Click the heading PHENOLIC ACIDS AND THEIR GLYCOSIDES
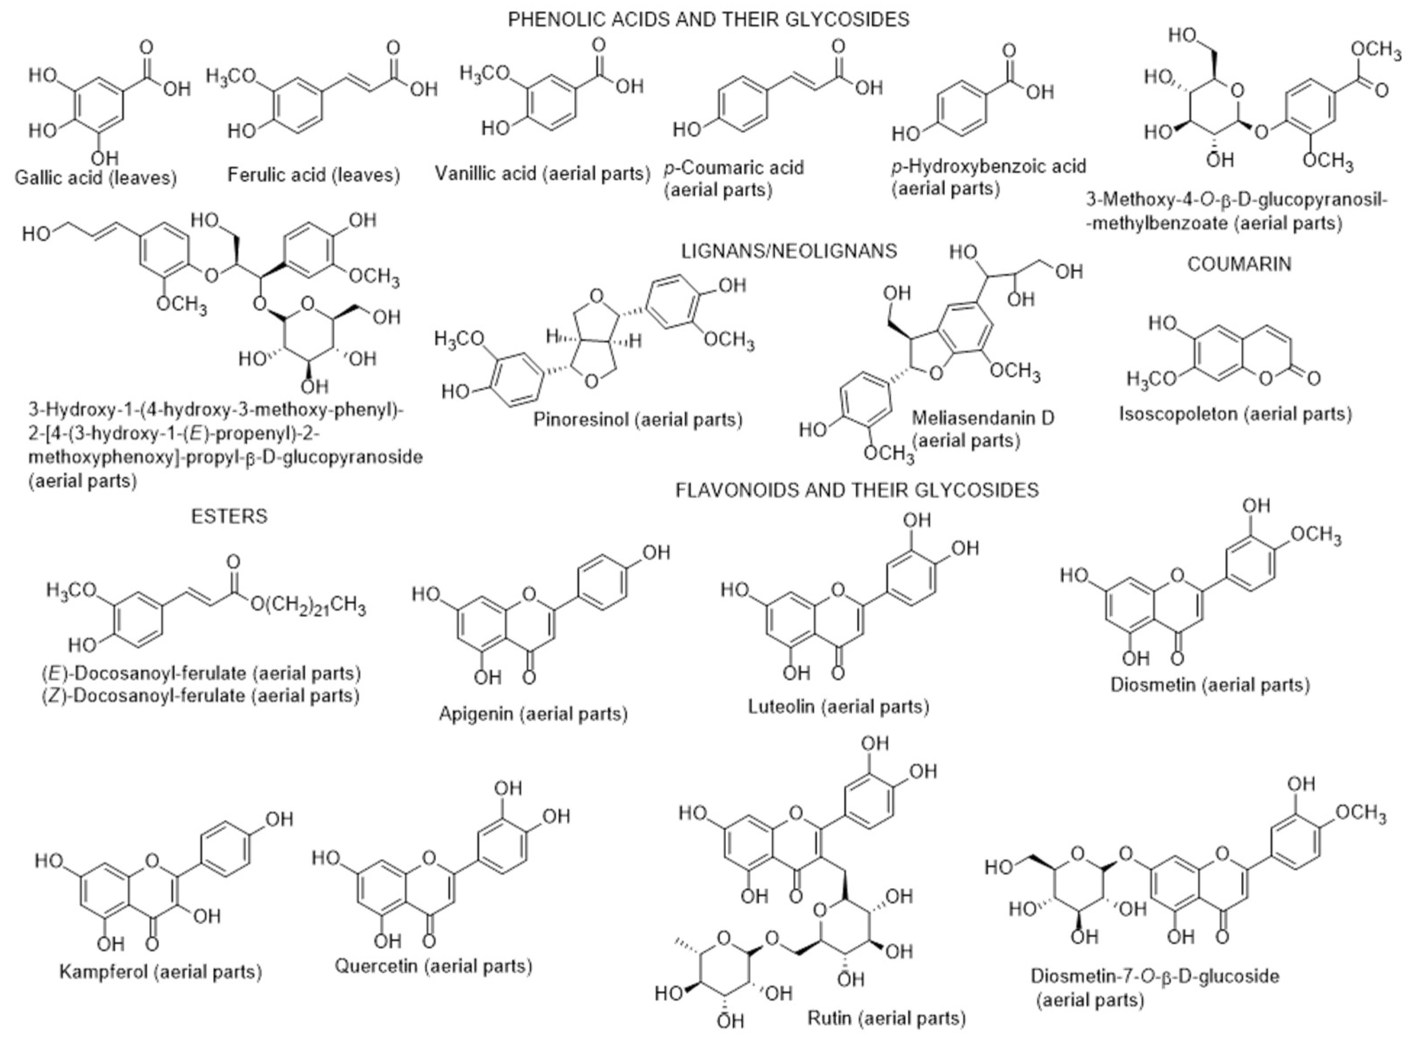click(708, 20)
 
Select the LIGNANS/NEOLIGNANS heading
click(789, 251)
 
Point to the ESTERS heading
click(229, 516)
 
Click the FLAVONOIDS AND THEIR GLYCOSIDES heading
click(857, 489)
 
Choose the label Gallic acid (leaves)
click(96, 178)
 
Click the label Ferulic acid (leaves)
click(313, 175)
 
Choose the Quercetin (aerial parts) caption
click(433, 965)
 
